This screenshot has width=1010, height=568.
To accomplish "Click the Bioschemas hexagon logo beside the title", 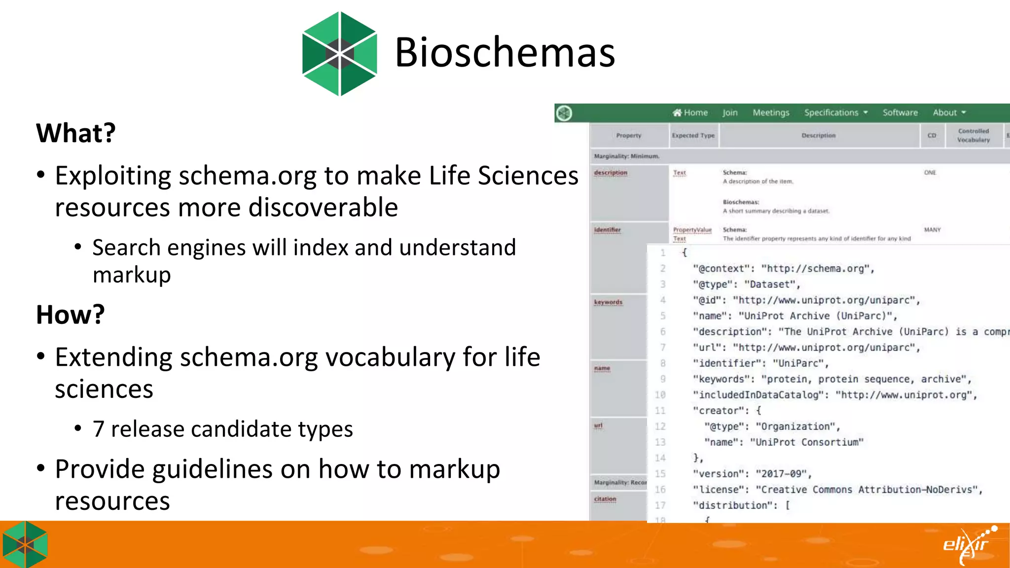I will [340, 54].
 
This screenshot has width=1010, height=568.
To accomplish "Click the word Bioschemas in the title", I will [505, 52].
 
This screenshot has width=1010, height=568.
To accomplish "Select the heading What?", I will [76, 133].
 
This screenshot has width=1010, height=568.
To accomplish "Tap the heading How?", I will [71, 315].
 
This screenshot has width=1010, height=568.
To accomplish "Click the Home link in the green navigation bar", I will [690, 113].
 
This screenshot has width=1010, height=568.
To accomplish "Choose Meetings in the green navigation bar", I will [771, 113].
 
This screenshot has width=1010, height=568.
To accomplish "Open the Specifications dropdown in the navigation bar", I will [835, 113].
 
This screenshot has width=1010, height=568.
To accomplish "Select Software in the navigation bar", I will [900, 113].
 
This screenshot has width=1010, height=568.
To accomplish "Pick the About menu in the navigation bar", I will [949, 113].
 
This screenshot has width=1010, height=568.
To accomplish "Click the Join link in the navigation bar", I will [730, 113].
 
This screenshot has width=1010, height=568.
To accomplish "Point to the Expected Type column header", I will [693, 136].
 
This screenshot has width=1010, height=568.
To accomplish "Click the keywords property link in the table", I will [608, 302].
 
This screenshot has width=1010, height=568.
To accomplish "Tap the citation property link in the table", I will [605, 499].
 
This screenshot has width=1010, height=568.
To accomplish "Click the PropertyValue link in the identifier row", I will [692, 230].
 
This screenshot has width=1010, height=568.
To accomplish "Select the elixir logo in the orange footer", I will [969, 545].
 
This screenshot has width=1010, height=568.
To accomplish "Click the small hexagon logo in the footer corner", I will [25, 545].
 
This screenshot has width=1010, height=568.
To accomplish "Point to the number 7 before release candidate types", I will [98, 429].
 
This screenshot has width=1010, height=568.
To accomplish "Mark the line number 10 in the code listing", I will [660, 395].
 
